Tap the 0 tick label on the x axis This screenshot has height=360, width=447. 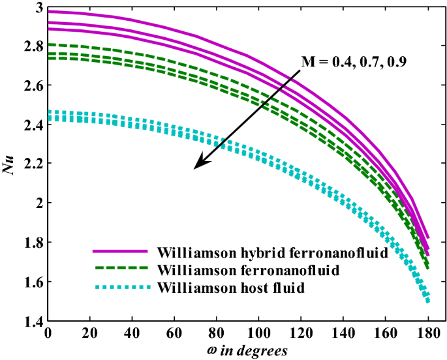pos(48,334)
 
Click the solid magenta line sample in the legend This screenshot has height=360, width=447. pos(118,251)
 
